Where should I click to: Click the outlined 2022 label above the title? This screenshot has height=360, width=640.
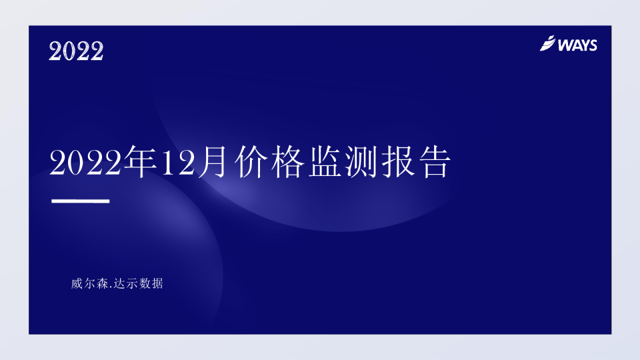[76, 51]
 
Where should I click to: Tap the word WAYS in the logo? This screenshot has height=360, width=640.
[577, 45]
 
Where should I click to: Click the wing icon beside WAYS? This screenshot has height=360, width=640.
[547, 44]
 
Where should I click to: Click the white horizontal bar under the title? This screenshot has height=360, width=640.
[80, 201]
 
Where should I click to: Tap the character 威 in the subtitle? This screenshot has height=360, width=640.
[77, 283]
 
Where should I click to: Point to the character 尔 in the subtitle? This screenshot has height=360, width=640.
[90, 283]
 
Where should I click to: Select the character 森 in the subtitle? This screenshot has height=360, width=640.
[103, 283]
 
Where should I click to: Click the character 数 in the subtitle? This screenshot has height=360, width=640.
[145, 283]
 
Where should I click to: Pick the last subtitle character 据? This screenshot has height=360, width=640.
[157, 283]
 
